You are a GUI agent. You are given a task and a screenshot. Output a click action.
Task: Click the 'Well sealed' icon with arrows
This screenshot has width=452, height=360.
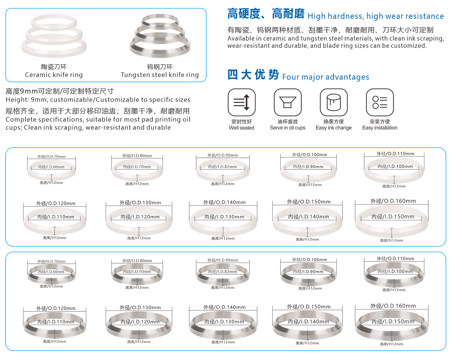pos(242,102)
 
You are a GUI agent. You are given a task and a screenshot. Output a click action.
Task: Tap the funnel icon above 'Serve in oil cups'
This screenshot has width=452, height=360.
pos(288,102)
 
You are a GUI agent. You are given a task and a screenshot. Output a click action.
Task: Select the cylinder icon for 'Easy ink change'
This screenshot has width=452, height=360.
pos(334,102)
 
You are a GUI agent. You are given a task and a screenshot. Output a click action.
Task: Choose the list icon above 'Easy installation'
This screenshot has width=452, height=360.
pos(380,102)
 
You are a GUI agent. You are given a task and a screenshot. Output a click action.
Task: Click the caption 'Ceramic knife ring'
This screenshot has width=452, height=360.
pos(54,75)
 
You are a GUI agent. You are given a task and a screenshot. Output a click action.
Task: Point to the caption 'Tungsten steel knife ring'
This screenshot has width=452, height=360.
pos(160,75)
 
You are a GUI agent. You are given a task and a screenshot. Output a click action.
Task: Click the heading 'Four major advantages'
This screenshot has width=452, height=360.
pos(325,77)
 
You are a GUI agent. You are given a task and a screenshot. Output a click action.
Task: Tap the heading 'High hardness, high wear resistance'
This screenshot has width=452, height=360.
pos(376,16)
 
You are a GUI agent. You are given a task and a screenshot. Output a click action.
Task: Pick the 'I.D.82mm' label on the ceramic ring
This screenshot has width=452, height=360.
pos(222,167)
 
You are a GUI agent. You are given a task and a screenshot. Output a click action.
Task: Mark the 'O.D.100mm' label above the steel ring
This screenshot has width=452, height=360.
pos(309,260)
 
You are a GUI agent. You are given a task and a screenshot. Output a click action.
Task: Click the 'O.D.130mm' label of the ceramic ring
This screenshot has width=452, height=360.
pos(140,202)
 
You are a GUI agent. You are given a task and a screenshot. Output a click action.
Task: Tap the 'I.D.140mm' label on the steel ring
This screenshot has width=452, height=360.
pos(308,322)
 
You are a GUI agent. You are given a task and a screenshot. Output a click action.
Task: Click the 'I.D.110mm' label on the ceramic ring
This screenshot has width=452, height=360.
pos(56,217)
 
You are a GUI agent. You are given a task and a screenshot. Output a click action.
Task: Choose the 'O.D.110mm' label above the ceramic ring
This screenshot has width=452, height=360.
pos(395,154)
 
